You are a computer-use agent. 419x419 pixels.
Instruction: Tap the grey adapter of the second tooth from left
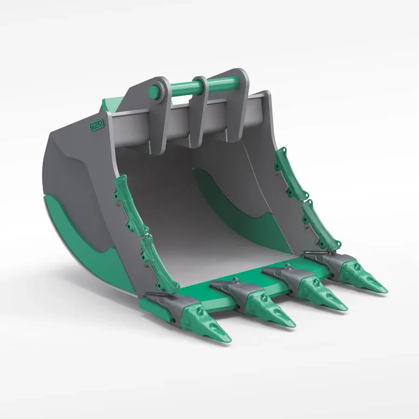237,291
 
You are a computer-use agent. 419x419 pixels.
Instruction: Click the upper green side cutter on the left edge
129,205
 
